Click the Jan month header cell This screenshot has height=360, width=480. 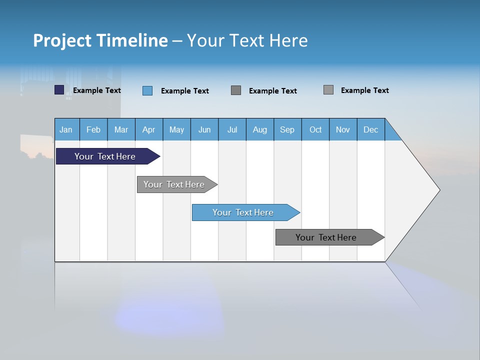click(x=66, y=129)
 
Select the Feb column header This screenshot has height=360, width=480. click(x=93, y=129)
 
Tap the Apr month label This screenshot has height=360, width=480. click(x=148, y=129)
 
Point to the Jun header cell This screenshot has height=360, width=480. click(x=204, y=129)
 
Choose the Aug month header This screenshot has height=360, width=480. click(x=259, y=129)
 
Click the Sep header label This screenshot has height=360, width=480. click(x=287, y=129)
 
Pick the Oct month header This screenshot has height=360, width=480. click(x=315, y=129)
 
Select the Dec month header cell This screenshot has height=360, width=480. click(x=370, y=129)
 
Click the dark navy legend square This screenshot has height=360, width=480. click(x=59, y=90)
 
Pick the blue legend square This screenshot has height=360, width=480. click(x=147, y=90)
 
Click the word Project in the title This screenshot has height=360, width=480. click(x=62, y=40)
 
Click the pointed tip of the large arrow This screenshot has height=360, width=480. click(x=438, y=190)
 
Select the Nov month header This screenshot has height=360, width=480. click(x=343, y=129)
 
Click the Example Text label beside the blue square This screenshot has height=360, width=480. click(x=184, y=91)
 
